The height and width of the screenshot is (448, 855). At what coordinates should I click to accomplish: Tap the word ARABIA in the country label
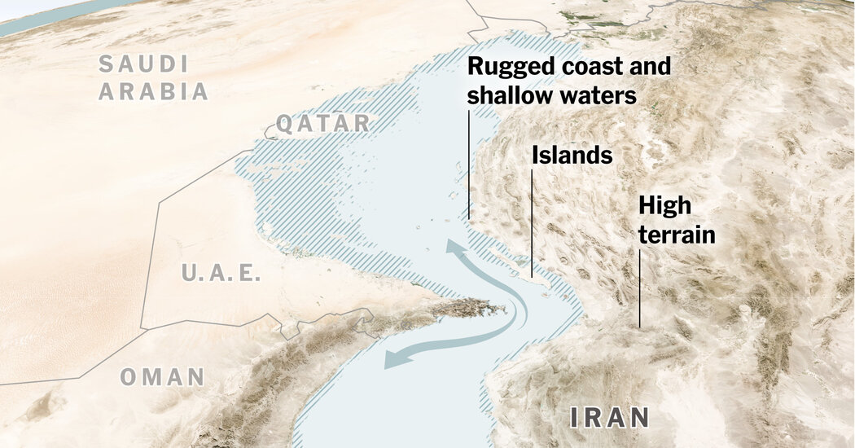click(x=154, y=91)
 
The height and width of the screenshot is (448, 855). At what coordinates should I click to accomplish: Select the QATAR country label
click(x=322, y=124)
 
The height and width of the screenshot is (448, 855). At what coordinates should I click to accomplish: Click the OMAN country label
click(x=163, y=377)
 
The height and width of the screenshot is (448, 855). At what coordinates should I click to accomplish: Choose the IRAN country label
click(x=609, y=419)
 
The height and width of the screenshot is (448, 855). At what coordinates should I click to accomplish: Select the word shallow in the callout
click(x=507, y=95)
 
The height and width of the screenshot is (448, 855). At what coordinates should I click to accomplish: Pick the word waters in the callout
click(x=594, y=95)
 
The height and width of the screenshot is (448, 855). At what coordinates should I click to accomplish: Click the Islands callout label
click(x=572, y=155)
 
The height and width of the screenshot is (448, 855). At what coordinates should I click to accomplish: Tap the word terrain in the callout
click(x=677, y=235)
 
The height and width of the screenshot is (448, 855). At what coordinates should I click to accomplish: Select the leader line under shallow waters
click(x=469, y=163)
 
